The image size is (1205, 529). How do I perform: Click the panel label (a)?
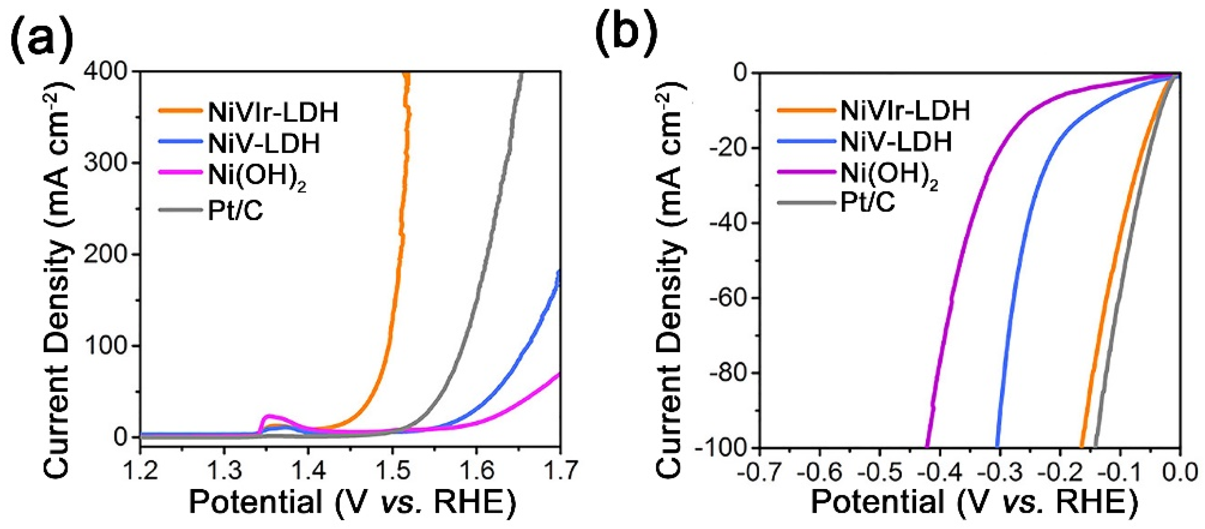[42, 36]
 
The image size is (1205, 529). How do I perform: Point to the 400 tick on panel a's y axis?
[105, 72]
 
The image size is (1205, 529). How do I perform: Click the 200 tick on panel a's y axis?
[105, 255]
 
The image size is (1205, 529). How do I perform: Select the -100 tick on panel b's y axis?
[723, 448]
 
